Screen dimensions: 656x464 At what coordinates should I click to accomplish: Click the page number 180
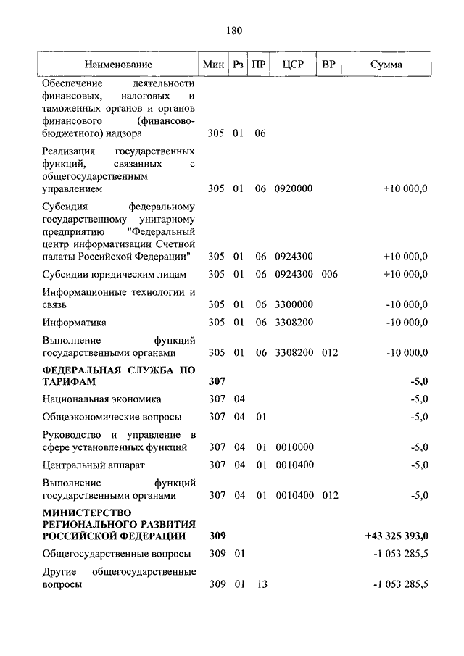pyautogui.click(x=233, y=30)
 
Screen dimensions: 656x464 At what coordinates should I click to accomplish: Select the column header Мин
pyautogui.click(x=214, y=65)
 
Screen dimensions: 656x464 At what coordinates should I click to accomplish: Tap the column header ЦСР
pyautogui.click(x=293, y=65)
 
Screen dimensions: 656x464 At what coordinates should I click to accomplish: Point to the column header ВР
pyautogui.click(x=328, y=65)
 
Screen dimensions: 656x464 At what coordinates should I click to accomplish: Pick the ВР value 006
pyautogui.click(x=330, y=274)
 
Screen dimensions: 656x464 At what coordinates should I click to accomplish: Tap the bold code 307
pyautogui.click(x=217, y=381)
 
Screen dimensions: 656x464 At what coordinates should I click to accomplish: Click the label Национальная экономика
pyautogui.click(x=101, y=399)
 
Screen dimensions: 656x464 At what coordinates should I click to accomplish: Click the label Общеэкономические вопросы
pyautogui.click(x=112, y=417)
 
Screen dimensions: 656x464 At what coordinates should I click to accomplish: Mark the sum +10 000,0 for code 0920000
pyautogui.click(x=405, y=188)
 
